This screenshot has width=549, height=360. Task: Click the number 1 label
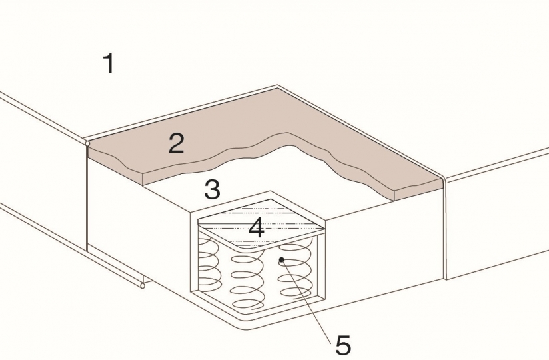click(x=110, y=63)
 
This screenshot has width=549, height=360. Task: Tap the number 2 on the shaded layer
click(x=176, y=143)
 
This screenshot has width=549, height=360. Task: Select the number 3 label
click(x=213, y=189)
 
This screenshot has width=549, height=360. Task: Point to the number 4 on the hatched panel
click(x=257, y=227)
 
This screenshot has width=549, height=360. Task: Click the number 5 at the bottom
click(x=343, y=345)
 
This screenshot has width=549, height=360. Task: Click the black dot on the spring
click(x=281, y=259)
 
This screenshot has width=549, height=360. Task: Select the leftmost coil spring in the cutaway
click(x=209, y=260)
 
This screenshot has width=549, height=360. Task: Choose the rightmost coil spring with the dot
click(x=294, y=269)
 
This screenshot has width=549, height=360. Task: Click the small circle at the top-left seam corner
click(x=87, y=143)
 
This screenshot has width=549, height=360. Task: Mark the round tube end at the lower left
click(x=143, y=286)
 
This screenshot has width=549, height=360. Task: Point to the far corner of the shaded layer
click(x=278, y=88)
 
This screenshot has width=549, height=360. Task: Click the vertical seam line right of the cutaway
click(x=444, y=227)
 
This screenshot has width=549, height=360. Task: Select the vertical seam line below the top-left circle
click(x=87, y=198)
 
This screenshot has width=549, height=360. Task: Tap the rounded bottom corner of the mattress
click(x=245, y=327)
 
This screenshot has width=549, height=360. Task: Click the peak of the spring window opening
click(x=271, y=191)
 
